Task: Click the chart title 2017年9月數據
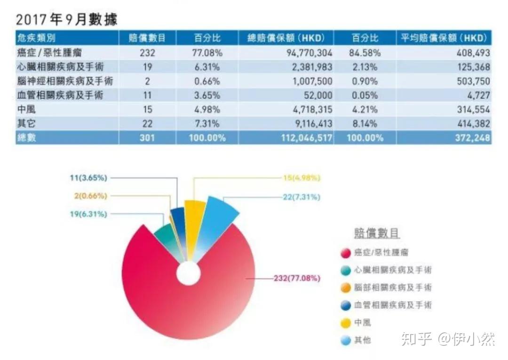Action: pos(66,19)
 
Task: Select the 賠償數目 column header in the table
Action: pos(147,38)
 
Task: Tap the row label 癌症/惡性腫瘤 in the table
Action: pos(49,53)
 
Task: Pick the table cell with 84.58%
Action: pos(365,53)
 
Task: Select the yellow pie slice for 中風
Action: pos(194,221)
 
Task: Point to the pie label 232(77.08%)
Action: pos(297,278)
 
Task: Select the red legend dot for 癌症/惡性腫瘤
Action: pos(346,253)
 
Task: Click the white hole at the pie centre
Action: pos(188,273)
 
